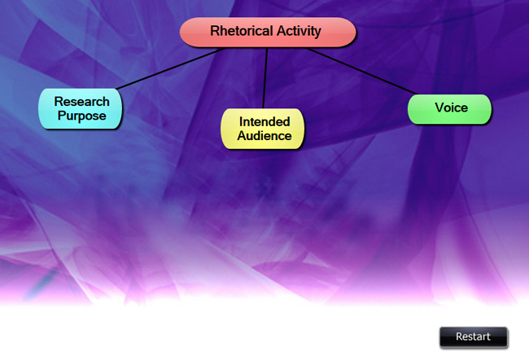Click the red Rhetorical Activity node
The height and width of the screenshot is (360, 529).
pyautogui.click(x=267, y=32)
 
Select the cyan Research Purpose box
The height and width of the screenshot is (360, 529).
pyautogui.click(x=81, y=108)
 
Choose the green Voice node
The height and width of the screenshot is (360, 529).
pyautogui.click(x=450, y=108)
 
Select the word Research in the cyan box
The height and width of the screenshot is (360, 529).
pyautogui.click(x=81, y=102)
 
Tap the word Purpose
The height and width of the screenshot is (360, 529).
pyautogui.click(x=81, y=116)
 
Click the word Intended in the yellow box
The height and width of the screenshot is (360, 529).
pyautogui.click(x=264, y=121)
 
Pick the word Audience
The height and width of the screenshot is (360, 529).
pyautogui.click(x=264, y=136)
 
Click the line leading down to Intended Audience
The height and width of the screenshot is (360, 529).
pyautogui.click(x=265, y=77)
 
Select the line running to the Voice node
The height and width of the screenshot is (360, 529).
pyautogui.click(x=362, y=71)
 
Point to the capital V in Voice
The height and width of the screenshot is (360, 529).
pyautogui.click(x=439, y=108)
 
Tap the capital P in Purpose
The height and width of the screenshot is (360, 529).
pyautogui.click(x=61, y=116)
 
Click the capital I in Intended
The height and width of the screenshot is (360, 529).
pyautogui.click(x=240, y=121)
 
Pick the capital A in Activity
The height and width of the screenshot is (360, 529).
pyautogui.click(x=282, y=32)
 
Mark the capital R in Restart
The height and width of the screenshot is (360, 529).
pyautogui.click(x=459, y=336)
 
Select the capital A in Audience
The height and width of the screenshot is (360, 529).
pyautogui.click(x=242, y=136)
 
